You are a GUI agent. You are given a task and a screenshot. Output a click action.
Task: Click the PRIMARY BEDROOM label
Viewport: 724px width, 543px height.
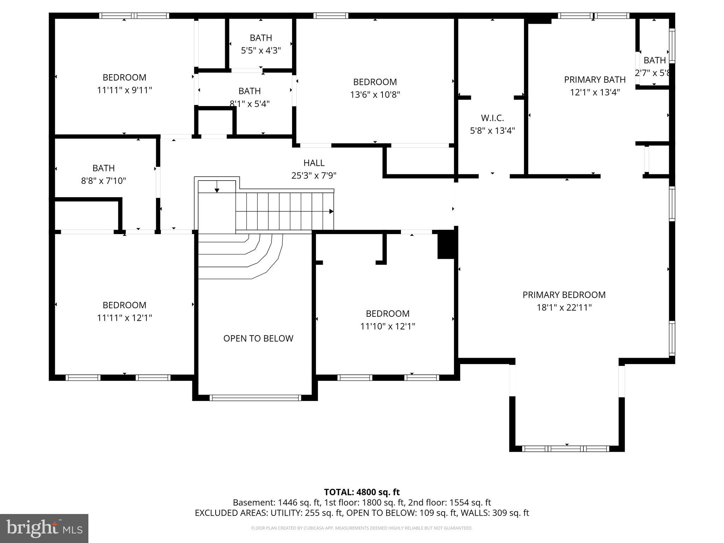[x=564, y=295]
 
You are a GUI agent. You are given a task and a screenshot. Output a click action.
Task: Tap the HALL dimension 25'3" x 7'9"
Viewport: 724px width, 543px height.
[x=314, y=175]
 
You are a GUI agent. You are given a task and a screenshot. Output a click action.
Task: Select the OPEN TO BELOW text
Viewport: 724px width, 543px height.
[x=258, y=338]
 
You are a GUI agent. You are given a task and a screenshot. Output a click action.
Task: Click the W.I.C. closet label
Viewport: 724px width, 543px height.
[x=492, y=118]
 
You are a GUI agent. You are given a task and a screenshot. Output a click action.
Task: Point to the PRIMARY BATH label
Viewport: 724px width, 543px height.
[x=595, y=80]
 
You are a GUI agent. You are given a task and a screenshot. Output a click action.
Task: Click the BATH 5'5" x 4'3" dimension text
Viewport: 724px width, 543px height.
[x=261, y=51]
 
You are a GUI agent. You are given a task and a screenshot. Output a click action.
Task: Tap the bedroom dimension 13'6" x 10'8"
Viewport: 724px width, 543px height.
[x=375, y=95]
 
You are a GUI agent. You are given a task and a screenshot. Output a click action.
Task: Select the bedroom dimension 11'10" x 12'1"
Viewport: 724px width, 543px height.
[x=387, y=326]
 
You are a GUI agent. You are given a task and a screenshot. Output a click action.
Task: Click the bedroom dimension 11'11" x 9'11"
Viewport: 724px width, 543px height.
[x=124, y=90]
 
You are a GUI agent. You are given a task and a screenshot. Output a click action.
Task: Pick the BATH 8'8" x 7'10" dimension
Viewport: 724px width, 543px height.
[x=104, y=181]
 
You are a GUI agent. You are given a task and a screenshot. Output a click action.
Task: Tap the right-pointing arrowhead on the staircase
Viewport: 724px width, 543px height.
[x=331, y=211]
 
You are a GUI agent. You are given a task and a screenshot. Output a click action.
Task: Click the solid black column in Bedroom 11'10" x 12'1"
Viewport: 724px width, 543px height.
[x=446, y=245]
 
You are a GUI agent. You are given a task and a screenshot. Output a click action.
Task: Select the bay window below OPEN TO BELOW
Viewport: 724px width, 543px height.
[x=255, y=398]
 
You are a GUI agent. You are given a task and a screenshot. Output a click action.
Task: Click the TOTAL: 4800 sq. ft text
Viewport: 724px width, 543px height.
[x=362, y=492]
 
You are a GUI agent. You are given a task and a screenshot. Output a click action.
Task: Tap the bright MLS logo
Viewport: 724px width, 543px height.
[x=44, y=529]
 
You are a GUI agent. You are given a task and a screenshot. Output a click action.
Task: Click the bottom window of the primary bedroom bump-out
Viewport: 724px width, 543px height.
[x=566, y=449]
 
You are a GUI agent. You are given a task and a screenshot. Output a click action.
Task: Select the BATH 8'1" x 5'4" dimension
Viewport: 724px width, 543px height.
[x=250, y=104]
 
